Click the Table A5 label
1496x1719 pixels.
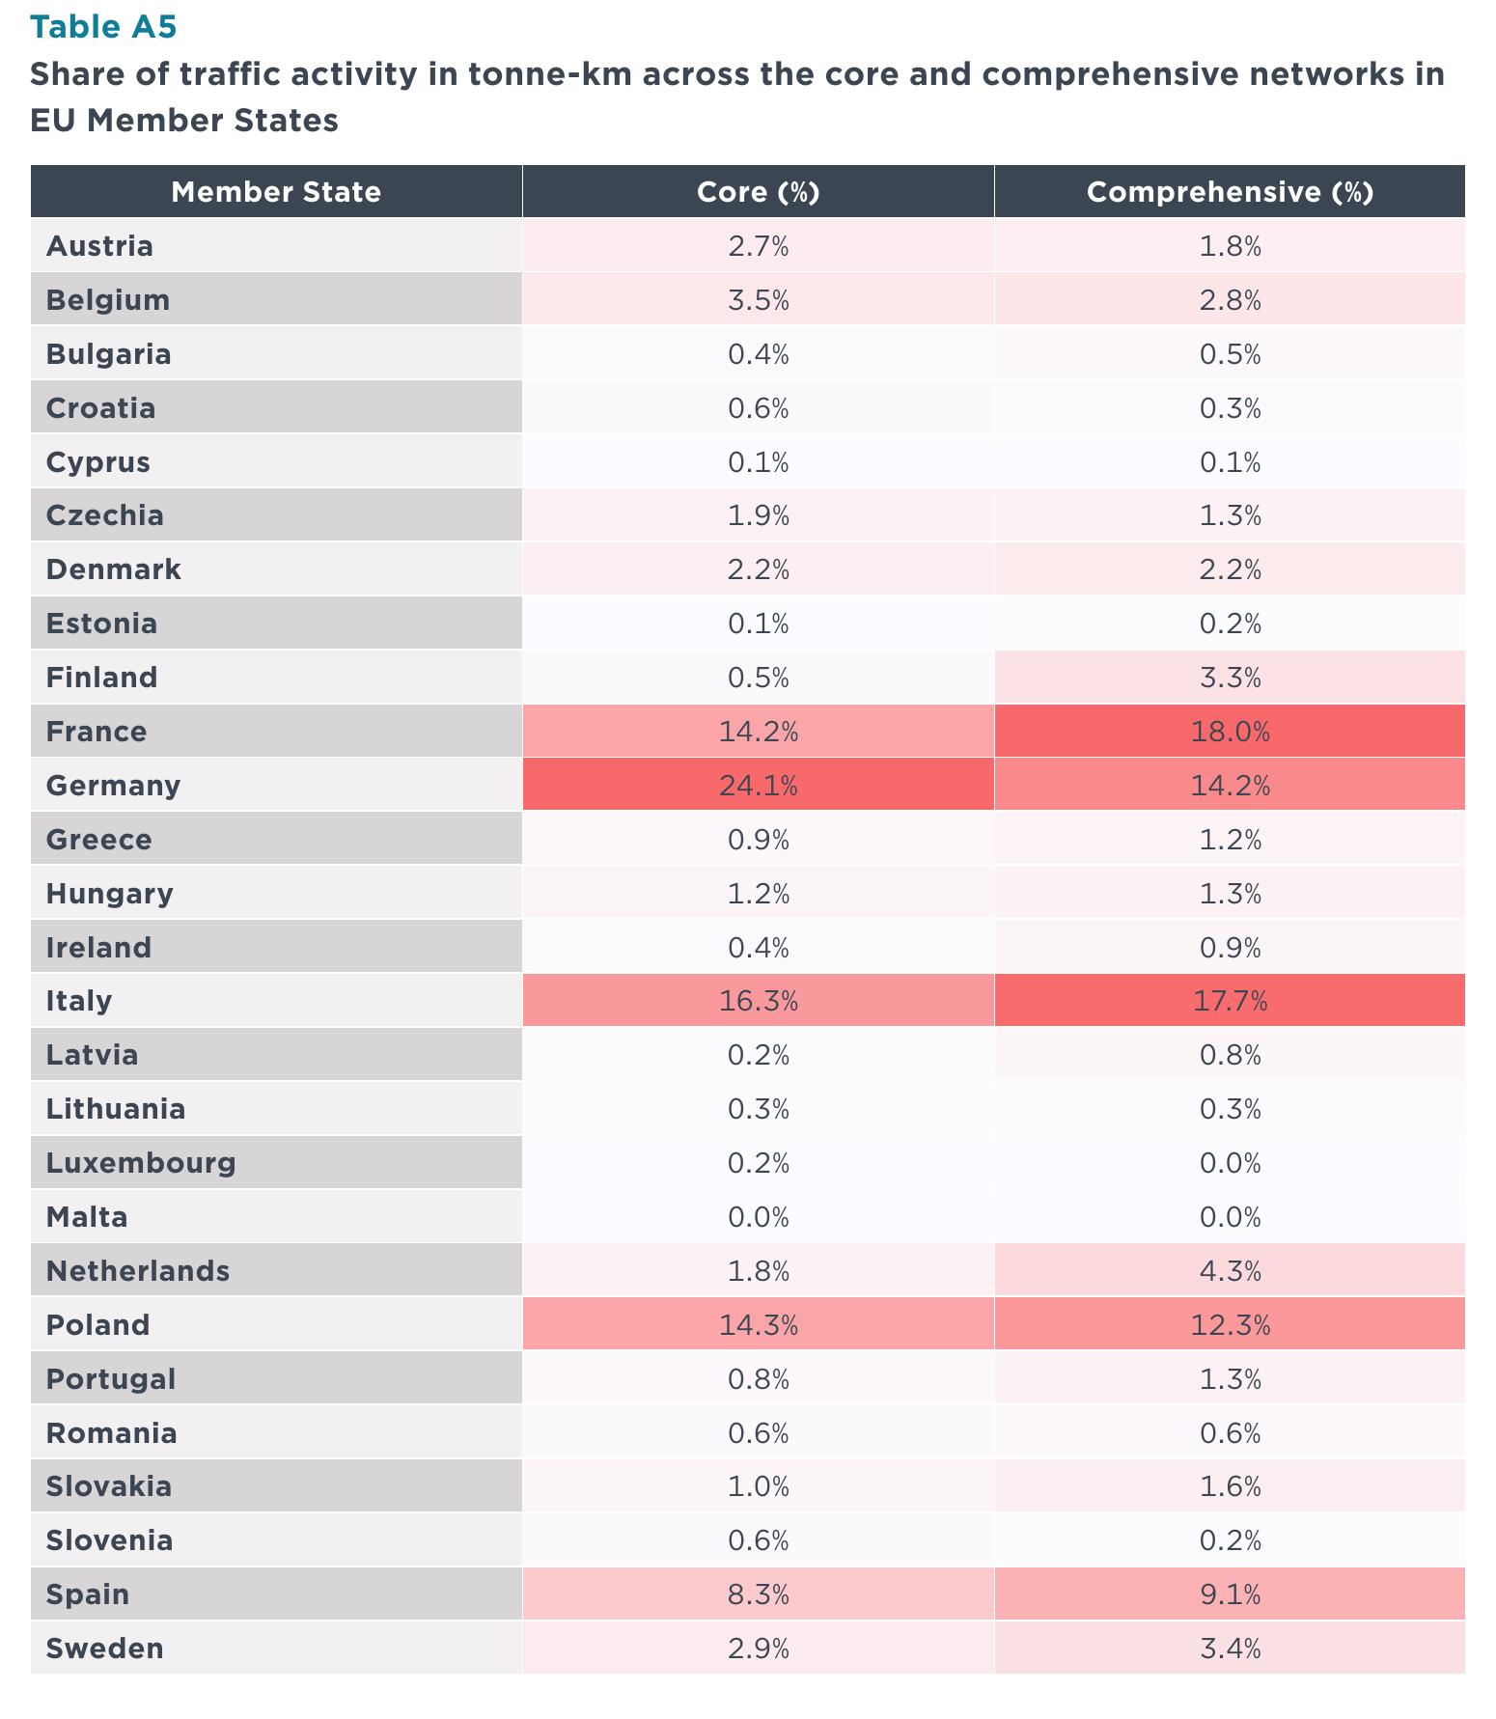(x=103, y=27)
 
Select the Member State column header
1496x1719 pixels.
(x=276, y=192)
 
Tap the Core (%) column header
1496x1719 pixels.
(x=759, y=192)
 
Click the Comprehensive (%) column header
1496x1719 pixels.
(x=1230, y=192)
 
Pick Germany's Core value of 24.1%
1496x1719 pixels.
(x=759, y=786)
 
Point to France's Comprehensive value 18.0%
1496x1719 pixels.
(x=1230, y=732)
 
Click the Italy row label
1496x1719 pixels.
(x=79, y=1001)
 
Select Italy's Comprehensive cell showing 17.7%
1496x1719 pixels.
(x=1230, y=1001)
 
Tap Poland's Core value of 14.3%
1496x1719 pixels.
(x=759, y=1325)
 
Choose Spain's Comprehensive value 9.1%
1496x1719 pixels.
(x=1230, y=1594)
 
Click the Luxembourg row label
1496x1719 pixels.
(x=141, y=1163)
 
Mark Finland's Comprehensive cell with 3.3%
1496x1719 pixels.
(x=1230, y=678)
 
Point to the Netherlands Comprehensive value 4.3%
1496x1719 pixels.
(x=1230, y=1271)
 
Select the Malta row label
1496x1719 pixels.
(x=87, y=1217)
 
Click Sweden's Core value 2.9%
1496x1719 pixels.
(x=759, y=1649)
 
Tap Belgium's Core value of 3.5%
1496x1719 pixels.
(x=759, y=300)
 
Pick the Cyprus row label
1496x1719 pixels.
(x=98, y=462)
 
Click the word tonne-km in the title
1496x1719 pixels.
(x=547, y=74)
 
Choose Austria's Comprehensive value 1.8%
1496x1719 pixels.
(x=1230, y=246)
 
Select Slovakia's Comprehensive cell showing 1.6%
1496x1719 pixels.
(x=1230, y=1486)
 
